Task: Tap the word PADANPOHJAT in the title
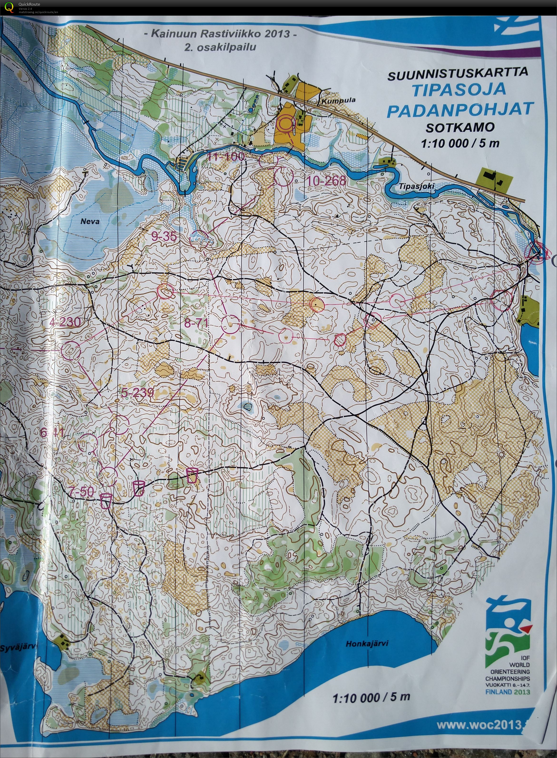(x=460, y=110)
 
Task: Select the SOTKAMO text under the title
(x=460, y=127)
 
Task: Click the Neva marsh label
(x=90, y=221)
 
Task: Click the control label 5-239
(x=137, y=392)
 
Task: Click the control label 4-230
(x=65, y=322)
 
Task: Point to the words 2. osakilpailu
(x=220, y=47)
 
